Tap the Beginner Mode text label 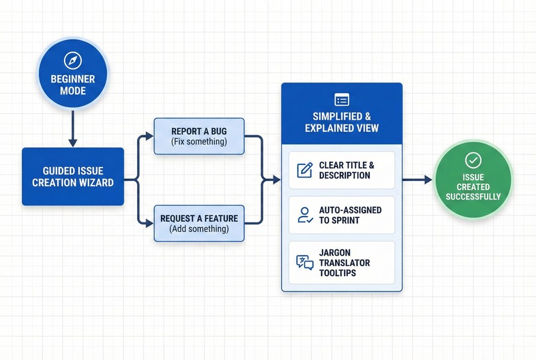tap(72, 85)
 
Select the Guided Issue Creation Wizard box tap(72, 176)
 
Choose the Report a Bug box tap(200, 136)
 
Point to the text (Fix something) tap(200, 142)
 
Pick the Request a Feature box tap(200, 224)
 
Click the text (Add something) tap(200, 229)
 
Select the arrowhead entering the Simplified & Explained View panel tap(276, 180)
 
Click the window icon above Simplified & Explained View tap(342, 100)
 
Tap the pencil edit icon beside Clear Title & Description tap(305, 170)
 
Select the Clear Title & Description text tap(346, 170)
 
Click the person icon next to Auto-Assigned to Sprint tap(305, 215)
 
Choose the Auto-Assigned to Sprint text tap(350, 215)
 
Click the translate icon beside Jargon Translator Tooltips tap(305, 262)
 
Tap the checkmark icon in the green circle tap(473, 160)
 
